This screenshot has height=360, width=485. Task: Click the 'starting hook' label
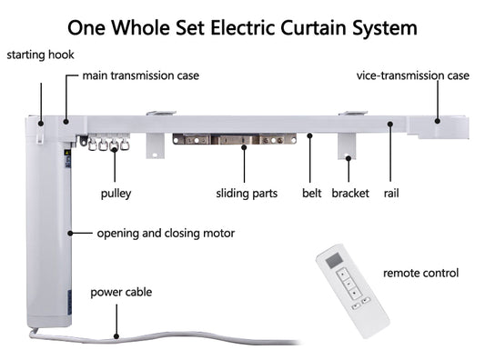40,55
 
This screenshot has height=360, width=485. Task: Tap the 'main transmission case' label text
141,75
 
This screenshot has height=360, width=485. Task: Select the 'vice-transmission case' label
412,75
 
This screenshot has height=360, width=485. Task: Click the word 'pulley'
116,194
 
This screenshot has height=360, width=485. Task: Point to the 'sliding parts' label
247,194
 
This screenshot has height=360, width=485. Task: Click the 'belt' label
312,193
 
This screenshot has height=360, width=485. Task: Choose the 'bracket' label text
350,193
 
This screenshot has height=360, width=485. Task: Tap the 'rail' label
391,193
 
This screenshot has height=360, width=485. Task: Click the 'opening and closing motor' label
166,234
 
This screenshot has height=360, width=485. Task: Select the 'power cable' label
121,293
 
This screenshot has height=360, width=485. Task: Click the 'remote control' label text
420,273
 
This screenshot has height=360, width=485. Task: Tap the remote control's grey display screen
334,260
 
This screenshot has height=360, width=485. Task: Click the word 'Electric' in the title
243,28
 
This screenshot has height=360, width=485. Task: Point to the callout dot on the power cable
116,336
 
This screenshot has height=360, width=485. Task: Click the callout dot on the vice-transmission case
437,121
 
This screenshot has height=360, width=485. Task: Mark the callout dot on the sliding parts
244,147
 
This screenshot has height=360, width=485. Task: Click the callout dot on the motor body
70,233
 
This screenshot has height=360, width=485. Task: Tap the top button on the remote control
343,274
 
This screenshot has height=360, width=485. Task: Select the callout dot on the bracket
349,158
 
